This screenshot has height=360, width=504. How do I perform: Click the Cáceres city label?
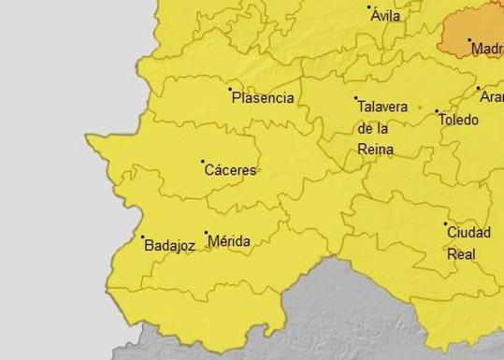230,171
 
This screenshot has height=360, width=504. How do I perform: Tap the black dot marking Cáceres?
203,162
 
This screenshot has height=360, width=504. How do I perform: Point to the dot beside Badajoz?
143,238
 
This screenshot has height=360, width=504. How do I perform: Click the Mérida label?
229,241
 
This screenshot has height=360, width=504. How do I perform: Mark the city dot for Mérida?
206,233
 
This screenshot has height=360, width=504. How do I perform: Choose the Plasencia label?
263,98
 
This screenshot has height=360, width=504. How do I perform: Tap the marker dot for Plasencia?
231,90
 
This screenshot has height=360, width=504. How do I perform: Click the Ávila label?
385,16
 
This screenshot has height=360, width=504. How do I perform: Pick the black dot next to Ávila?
369,7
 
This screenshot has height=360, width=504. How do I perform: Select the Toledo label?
458,120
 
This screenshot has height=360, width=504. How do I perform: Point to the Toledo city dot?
437,111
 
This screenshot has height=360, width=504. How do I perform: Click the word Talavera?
382,108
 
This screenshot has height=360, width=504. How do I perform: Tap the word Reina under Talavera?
375,149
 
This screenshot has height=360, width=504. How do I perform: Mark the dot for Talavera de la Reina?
356,98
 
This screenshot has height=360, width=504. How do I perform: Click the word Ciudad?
468,233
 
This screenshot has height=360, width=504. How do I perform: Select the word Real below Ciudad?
461,253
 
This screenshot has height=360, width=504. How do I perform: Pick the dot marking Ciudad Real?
446,224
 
